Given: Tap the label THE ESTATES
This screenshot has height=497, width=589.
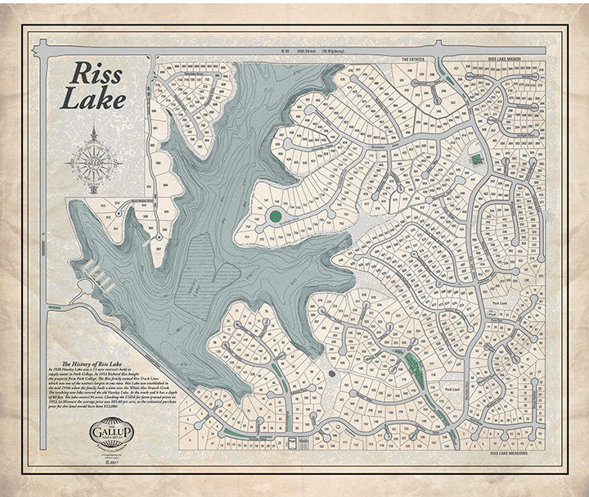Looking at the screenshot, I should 416,60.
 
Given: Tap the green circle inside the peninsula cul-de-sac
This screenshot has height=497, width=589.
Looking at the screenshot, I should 276,216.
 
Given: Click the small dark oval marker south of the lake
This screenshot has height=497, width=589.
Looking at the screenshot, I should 331,373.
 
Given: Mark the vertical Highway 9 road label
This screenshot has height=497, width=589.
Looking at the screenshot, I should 41,246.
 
